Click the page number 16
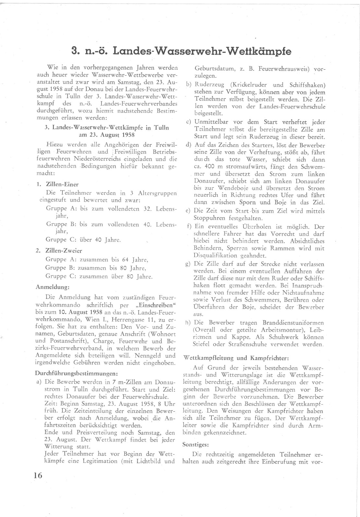[38, 475]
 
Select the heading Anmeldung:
[53, 287]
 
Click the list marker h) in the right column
[188, 323]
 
